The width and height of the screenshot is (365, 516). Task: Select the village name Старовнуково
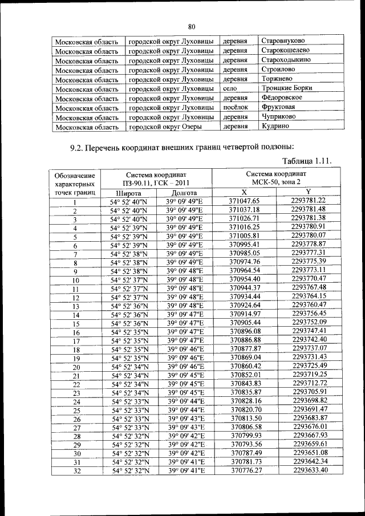tap(283, 41)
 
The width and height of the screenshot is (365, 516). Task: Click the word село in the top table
tap(230, 89)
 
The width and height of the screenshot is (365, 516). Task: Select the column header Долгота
tap(184, 193)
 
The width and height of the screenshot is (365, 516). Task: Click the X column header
tap(244, 192)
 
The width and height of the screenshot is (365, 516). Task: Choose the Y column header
tap(308, 192)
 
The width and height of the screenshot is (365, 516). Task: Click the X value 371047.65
tap(244, 201)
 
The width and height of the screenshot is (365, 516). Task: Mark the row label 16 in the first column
tap(75, 331)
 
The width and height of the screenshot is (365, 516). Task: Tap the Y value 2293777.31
tap(309, 253)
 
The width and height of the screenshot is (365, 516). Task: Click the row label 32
tap(75, 471)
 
